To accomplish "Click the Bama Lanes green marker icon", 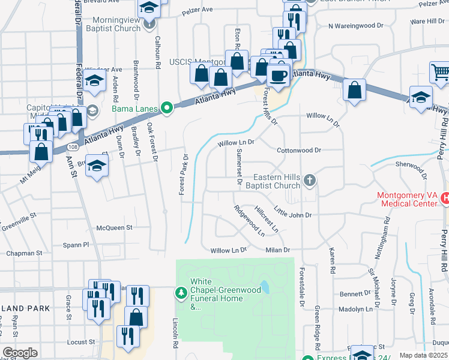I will [168, 109].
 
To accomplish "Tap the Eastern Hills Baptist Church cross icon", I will [309, 179].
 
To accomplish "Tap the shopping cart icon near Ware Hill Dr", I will [440, 72].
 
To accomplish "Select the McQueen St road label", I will [114, 227].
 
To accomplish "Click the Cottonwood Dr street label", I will [299, 150].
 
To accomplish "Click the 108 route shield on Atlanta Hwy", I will [72, 146].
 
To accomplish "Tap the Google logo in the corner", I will [20, 353].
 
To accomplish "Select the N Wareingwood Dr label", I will [355, 26].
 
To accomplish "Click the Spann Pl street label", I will [77, 245].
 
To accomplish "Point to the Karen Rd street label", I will [331, 259].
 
